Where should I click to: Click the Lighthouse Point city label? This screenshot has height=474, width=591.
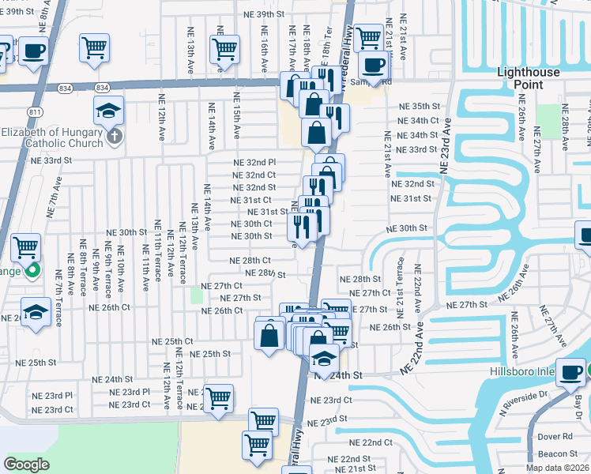[x=528, y=78]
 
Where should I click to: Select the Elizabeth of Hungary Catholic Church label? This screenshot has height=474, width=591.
[x=52, y=137]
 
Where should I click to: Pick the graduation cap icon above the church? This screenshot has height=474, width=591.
[x=109, y=111]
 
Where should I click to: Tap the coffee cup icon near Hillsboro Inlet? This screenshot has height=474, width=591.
[x=570, y=372]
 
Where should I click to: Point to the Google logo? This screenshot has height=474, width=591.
[x=26, y=465]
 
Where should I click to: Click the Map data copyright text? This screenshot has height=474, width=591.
[x=557, y=468]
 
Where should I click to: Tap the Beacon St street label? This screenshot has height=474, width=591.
[x=558, y=453]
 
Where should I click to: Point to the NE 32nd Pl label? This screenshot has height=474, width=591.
[x=254, y=162]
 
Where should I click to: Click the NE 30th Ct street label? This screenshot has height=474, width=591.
[x=251, y=224]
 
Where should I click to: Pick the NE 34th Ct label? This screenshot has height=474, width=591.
[x=419, y=121]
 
